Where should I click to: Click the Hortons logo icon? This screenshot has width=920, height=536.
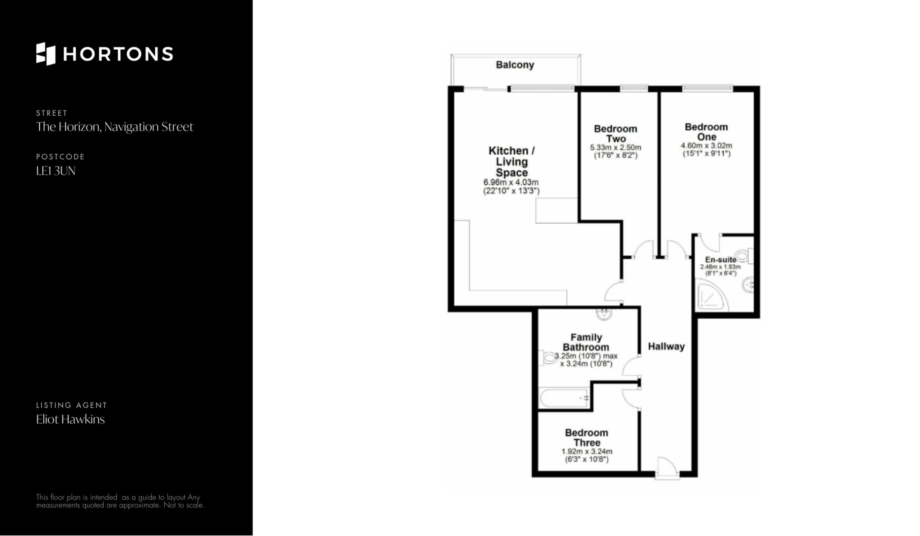46,54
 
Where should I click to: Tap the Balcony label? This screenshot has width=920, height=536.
515,65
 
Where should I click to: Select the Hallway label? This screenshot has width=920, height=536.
666,346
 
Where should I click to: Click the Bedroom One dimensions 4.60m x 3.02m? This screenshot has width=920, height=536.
706,145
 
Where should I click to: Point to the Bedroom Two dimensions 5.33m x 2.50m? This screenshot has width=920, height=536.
615,147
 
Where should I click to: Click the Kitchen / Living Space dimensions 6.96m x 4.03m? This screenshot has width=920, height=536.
511,182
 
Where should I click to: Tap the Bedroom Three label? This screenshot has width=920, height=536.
586,437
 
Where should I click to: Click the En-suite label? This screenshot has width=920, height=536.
721,260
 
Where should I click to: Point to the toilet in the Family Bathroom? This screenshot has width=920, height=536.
548,357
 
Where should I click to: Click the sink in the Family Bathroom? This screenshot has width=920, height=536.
604,313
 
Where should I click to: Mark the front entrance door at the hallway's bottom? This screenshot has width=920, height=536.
667,468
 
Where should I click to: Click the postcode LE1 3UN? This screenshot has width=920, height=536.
56,171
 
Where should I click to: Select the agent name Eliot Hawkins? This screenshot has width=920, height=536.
70,419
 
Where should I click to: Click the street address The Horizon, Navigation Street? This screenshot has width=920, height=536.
115,127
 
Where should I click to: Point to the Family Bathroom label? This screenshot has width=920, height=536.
586,342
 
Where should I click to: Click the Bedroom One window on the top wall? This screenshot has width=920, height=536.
707,88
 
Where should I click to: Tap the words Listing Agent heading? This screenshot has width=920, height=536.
71,405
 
